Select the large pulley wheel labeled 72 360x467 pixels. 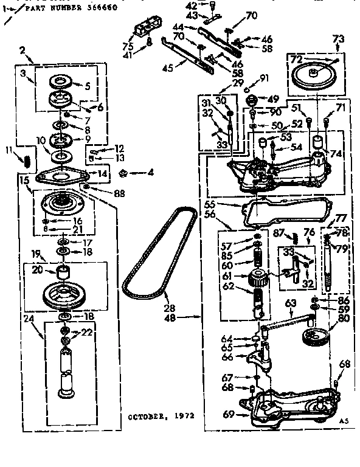316,76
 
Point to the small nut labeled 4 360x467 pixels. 124,172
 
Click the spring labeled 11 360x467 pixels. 27,161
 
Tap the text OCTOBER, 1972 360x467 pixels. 161,417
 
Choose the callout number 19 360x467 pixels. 35,254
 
